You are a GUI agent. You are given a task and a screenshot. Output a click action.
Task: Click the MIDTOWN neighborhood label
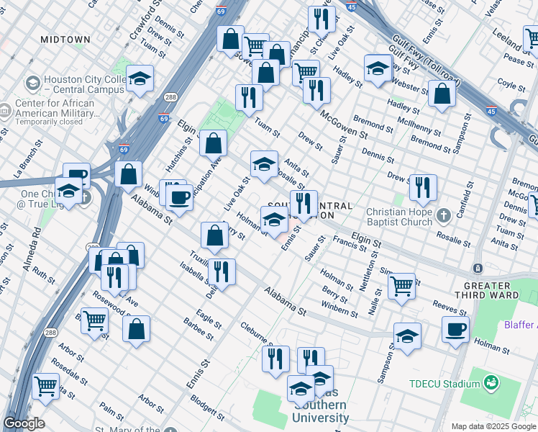coord(65,39)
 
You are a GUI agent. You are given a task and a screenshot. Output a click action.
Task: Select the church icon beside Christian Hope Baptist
coord(444,215)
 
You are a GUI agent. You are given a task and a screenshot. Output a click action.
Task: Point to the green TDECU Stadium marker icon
coord(491,382)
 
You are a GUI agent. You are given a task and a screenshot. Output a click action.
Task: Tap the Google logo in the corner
coord(24,423)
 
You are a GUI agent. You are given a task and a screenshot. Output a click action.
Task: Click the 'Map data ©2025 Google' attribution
coord(493,426)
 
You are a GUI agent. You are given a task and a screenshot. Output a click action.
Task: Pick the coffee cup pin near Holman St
coord(455,330)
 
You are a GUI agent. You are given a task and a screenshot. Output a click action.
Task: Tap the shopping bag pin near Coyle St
coord(442,94)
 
